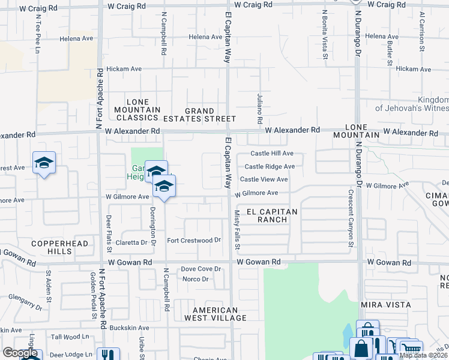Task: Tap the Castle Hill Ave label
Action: [272, 154]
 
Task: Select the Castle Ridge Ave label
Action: [270, 167]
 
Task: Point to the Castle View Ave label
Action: [264, 179]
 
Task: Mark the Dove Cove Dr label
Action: [197, 269]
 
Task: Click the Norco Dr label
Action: [196, 279]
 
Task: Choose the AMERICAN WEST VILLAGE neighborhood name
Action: [215, 314]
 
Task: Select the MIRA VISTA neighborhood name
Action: [385, 305]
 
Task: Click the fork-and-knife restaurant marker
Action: [108, 355]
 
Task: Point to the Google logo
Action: [20, 353]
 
